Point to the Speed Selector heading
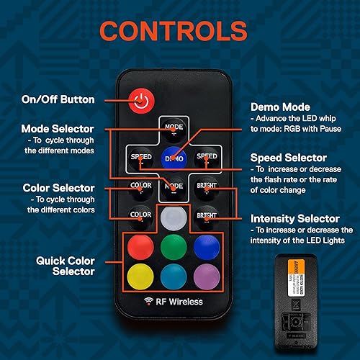click(288, 158)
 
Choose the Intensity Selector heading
click(295, 217)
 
